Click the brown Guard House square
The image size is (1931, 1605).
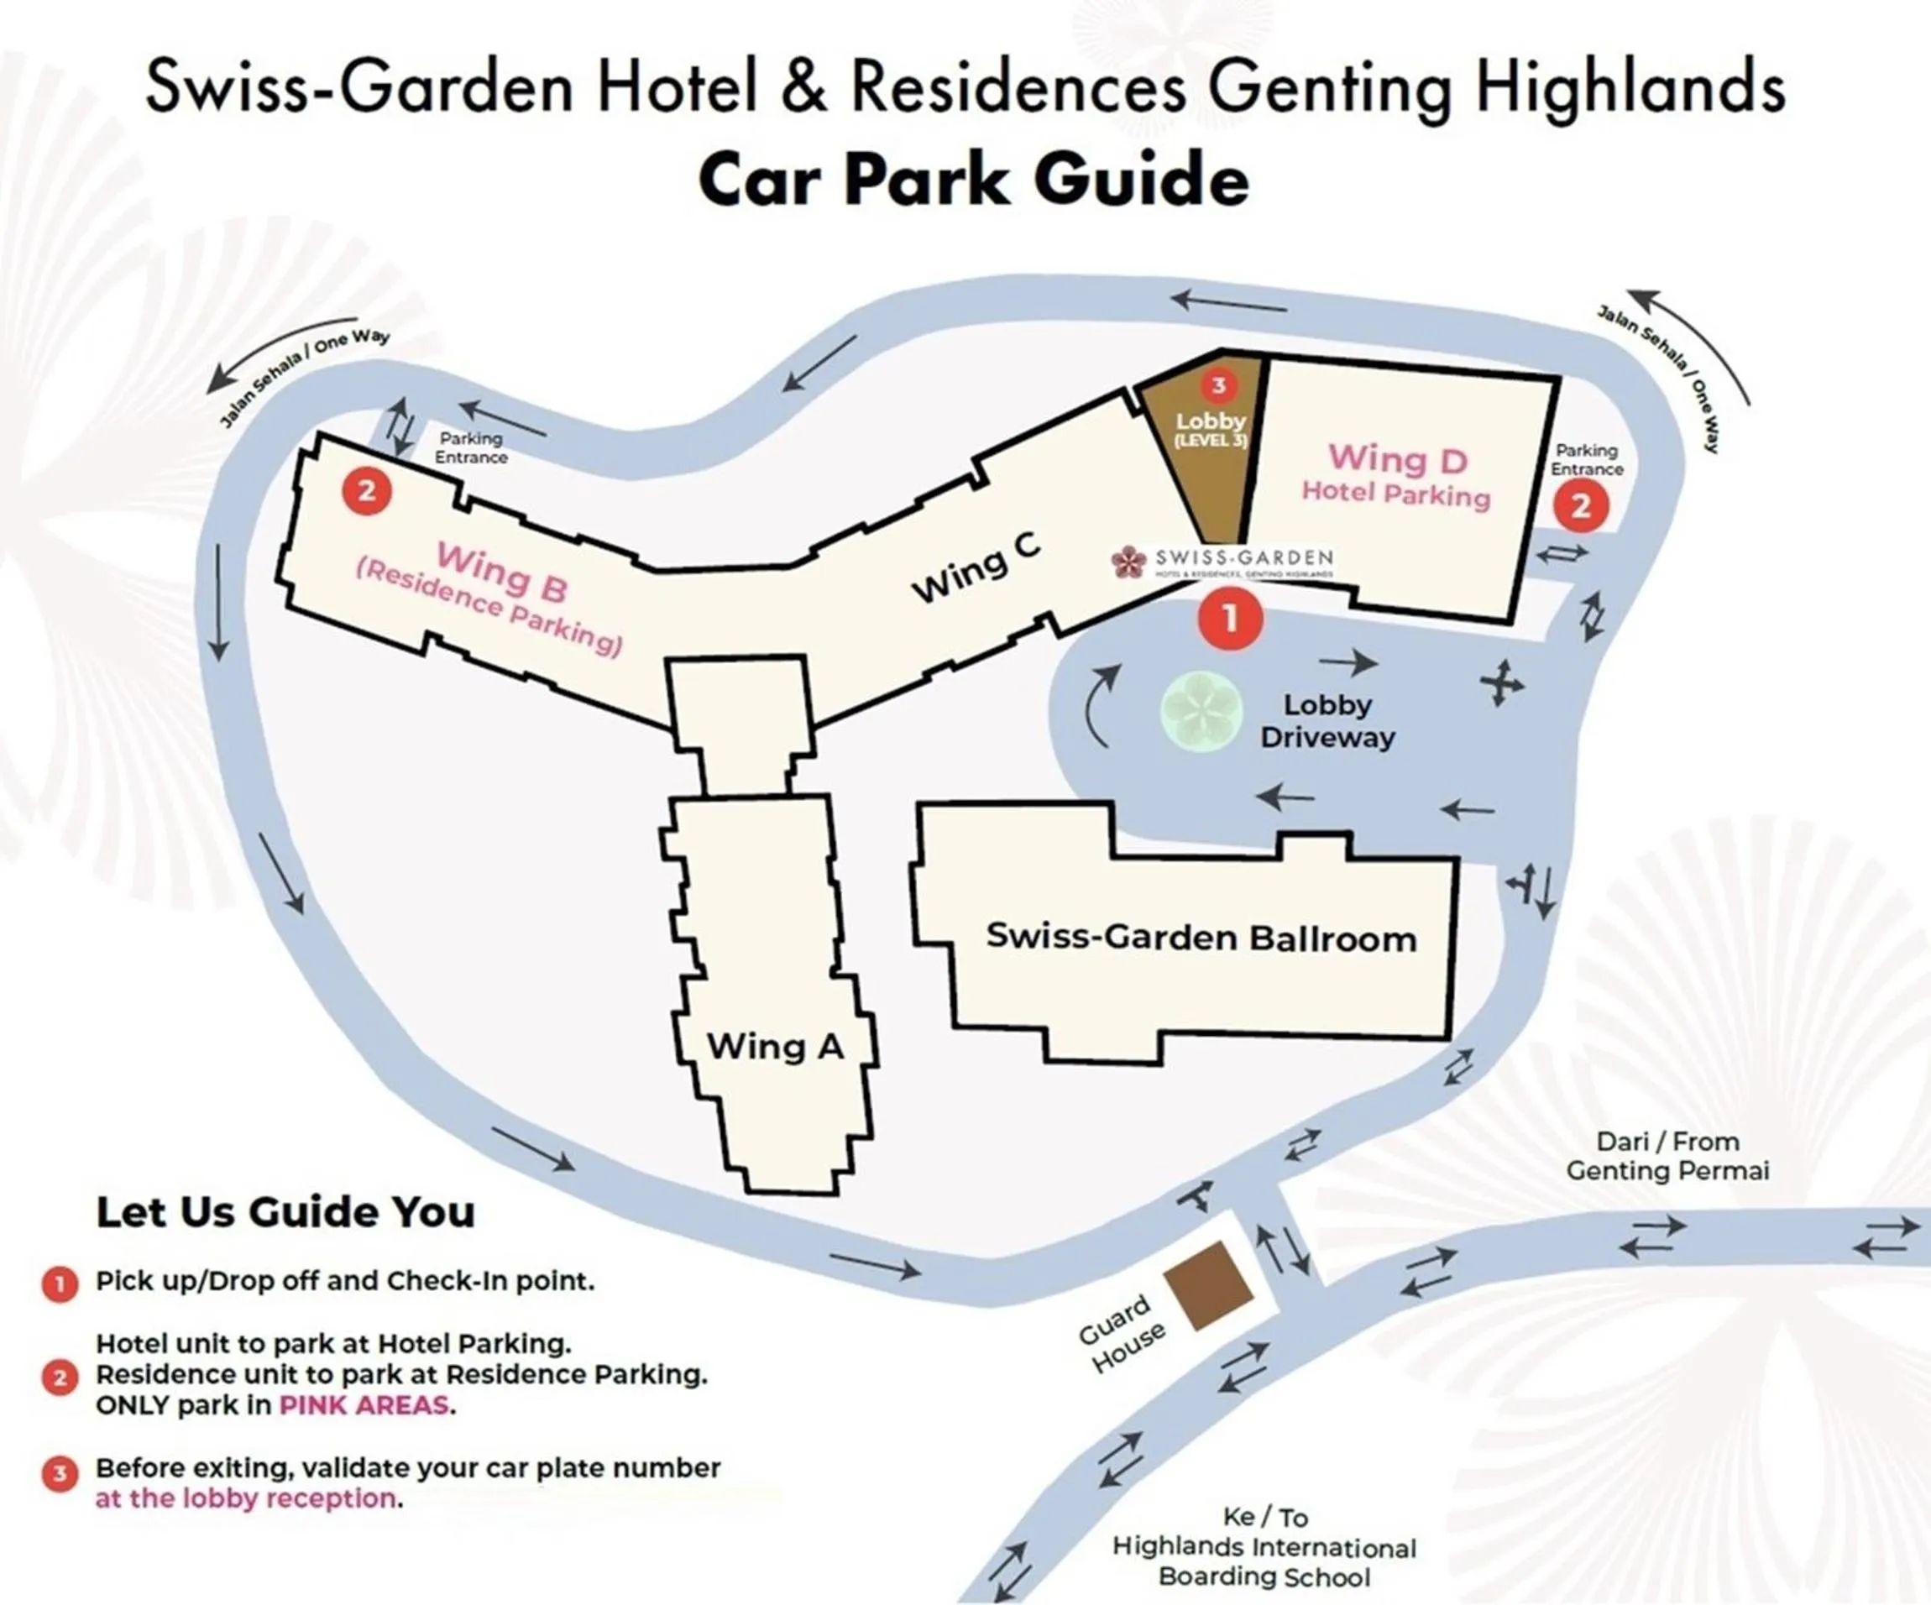click(1208, 1285)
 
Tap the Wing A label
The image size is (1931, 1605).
click(774, 1046)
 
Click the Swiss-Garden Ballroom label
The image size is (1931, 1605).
click(1201, 938)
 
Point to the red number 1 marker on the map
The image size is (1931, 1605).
click(1230, 619)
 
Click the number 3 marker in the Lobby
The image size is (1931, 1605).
click(1218, 385)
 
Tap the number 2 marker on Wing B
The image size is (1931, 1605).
click(367, 491)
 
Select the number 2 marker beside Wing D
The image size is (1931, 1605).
click(1581, 505)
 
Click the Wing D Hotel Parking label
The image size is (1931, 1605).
click(1397, 475)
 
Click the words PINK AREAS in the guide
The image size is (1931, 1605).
click(364, 1404)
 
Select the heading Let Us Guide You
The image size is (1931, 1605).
click(286, 1211)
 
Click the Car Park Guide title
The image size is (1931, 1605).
click(974, 180)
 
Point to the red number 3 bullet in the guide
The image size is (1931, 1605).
click(60, 1474)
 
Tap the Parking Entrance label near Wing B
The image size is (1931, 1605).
click(471, 447)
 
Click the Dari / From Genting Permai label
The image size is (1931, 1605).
click(1667, 1156)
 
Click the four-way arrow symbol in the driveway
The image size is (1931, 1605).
click(1500, 683)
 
